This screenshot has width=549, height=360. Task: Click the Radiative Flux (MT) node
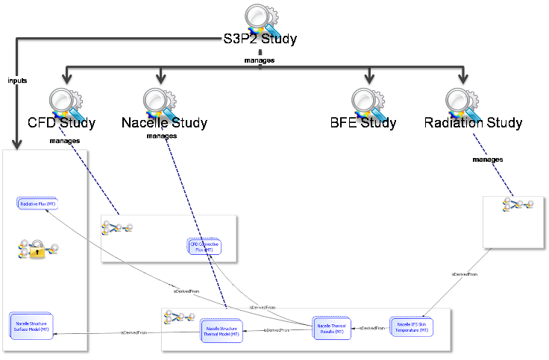(x=37, y=203)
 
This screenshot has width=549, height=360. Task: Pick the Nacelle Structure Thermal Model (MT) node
(x=221, y=332)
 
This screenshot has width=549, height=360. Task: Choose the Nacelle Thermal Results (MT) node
(x=330, y=328)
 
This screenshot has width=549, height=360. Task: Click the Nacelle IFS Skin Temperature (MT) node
(x=411, y=327)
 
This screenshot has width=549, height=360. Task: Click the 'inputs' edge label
(x=16, y=80)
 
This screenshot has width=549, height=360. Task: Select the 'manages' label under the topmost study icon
(x=258, y=60)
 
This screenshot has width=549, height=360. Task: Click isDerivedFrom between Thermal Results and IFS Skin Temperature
(x=371, y=328)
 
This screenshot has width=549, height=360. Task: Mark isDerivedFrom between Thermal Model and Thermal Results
(x=277, y=330)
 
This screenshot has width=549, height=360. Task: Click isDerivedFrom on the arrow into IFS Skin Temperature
(x=464, y=274)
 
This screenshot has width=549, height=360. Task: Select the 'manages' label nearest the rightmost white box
(x=487, y=160)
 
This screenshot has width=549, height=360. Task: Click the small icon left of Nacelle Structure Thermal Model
(x=179, y=318)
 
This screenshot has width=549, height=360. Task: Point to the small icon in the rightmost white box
(x=518, y=204)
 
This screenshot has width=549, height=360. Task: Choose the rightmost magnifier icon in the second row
(x=462, y=104)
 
